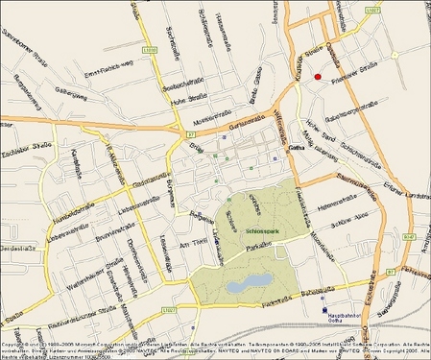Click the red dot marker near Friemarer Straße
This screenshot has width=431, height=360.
coord(318,77)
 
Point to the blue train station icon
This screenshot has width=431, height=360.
coord(322,309)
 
